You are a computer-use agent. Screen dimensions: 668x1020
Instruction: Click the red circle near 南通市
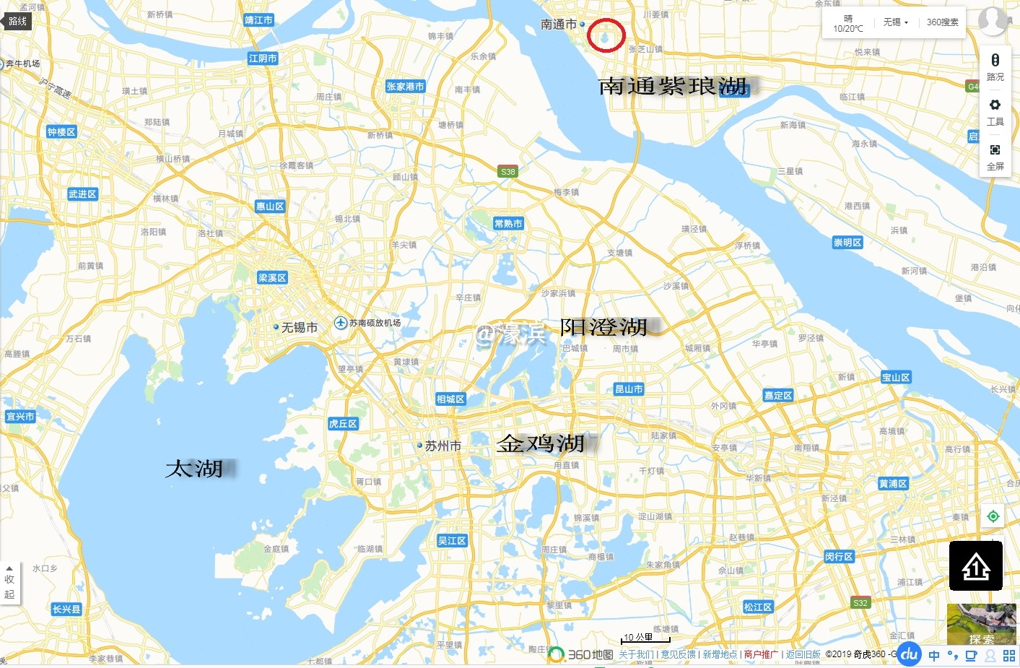[x=606, y=35]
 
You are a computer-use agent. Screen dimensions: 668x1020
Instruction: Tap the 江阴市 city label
[x=263, y=58]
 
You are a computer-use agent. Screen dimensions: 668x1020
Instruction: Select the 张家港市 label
[x=406, y=87]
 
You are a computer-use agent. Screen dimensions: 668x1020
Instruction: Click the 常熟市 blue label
[x=508, y=224]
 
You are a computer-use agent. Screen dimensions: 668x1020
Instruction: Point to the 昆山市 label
[x=629, y=389]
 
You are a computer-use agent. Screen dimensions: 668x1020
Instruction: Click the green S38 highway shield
[x=508, y=172]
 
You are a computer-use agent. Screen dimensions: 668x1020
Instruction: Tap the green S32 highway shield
[x=860, y=603]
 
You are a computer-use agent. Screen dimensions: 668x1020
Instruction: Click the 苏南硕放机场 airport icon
[x=341, y=323]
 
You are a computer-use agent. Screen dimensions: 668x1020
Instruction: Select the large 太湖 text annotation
[x=194, y=469]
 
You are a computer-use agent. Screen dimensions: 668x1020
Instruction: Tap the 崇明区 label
[x=847, y=243]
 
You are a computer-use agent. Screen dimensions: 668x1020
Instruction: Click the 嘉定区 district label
[x=778, y=396]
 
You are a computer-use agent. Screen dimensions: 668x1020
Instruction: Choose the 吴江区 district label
[x=452, y=541]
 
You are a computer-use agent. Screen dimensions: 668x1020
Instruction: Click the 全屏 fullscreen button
[x=995, y=155]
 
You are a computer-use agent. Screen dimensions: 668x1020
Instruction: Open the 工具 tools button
[x=995, y=110]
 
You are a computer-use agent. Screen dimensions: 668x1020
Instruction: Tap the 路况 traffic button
[x=995, y=66]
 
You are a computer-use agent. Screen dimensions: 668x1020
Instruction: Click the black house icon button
[x=975, y=566]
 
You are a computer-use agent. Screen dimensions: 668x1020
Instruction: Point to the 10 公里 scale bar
[x=645, y=639]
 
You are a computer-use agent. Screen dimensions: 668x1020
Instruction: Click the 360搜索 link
[x=943, y=22]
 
